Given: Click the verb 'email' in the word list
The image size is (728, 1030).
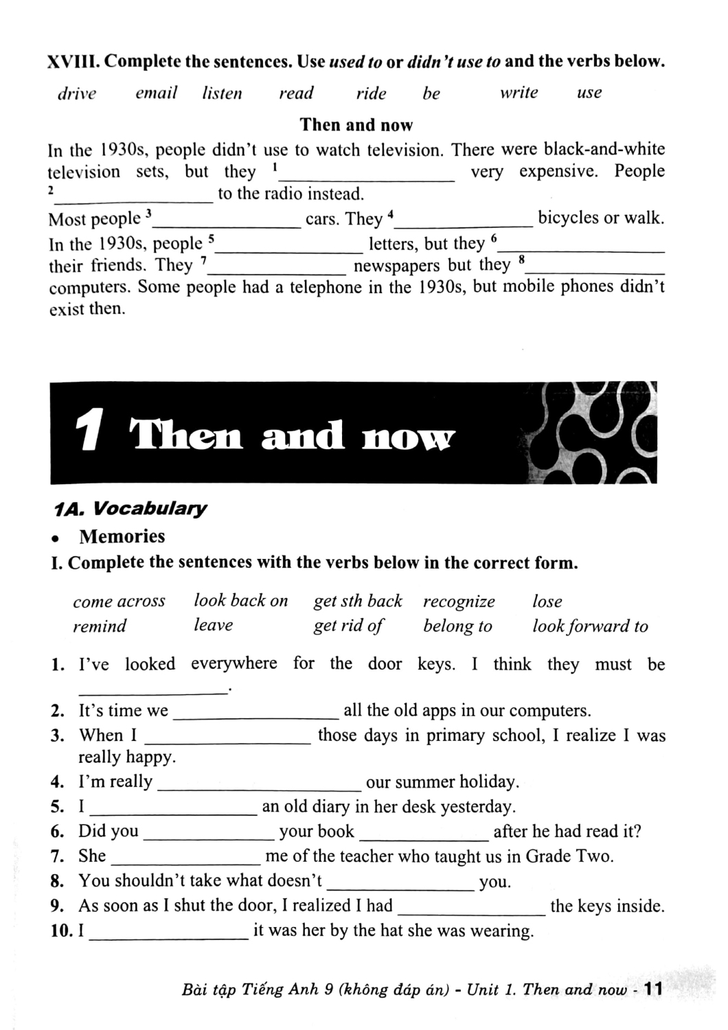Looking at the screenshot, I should tap(157, 93).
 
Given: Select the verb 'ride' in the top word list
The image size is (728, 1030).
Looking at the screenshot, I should tap(371, 93).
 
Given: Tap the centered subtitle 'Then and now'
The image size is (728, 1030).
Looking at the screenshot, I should tap(356, 125).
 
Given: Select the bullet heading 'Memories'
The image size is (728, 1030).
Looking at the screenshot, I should tap(122, 536).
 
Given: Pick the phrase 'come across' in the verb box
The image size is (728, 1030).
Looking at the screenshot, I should tap(119, 602).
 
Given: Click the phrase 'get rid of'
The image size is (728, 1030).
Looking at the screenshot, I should tap(348, 626).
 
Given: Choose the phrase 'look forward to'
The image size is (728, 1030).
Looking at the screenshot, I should tap(590, 626).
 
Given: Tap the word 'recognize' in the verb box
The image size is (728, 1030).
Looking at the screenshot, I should tap(459, 602).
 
